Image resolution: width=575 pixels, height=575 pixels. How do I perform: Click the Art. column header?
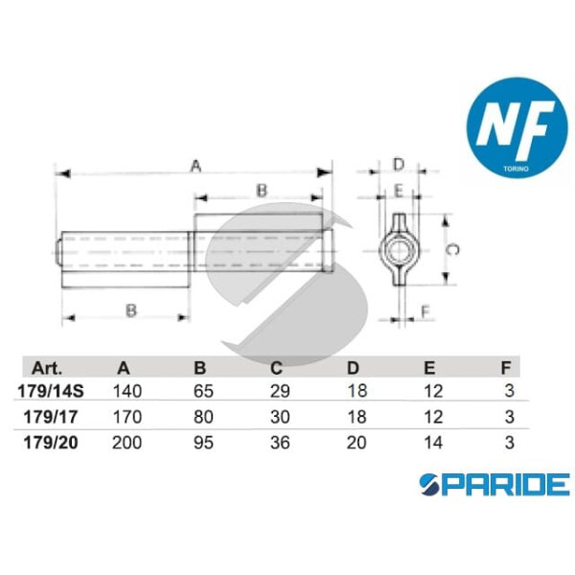[47, 367]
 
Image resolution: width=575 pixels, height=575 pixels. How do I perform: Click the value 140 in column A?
[126, 391]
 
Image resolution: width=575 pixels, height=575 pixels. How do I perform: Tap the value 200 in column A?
[126, 442]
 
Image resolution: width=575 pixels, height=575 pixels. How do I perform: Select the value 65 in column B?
[199, 391]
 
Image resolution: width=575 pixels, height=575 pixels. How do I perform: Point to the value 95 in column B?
[199, 442]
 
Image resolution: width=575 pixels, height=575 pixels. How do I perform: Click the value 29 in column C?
[276, 391]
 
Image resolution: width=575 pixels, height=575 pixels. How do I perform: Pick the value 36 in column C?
[276, 442]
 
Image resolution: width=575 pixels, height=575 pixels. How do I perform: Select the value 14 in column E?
[429, 442]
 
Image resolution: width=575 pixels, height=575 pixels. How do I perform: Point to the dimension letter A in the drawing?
[195, 166]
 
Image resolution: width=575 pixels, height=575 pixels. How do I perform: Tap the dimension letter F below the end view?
[425, 310]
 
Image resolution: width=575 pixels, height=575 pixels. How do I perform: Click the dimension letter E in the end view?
[399, 191]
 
